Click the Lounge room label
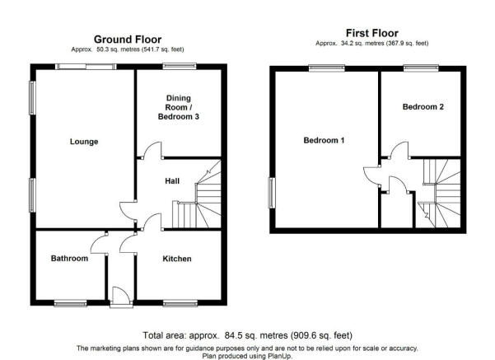pos(84,142)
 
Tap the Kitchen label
pos(177,259)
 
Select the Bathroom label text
pos(69,259)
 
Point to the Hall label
pos(172,181)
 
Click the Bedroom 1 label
pos(324,140)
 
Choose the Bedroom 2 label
pos(423,107)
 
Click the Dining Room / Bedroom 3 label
pos(179,107)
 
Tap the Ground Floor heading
pos(128,40)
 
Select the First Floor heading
pos(372,33)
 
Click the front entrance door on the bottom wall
pos(121,297)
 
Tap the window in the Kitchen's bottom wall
pos(180,303)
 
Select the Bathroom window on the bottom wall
pos(70,303)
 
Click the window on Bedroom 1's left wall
pos(272,193)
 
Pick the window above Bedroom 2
pos(421,68)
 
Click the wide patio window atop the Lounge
pos(86,67)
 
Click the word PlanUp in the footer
pos(280,356)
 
